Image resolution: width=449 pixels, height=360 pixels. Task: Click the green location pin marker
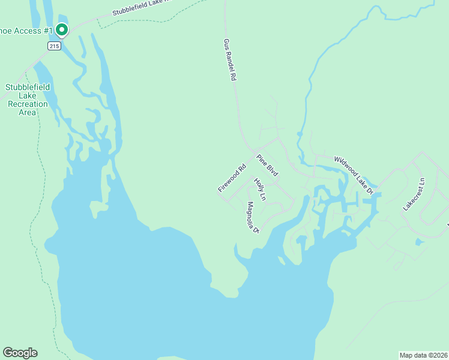pos(61,29)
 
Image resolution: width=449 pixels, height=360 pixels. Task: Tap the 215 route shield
pos(55,46)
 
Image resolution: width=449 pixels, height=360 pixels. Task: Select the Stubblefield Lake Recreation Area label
pos(28,100)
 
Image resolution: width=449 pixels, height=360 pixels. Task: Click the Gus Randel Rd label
pos(230,61)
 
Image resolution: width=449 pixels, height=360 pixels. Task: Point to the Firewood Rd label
pos(232,178)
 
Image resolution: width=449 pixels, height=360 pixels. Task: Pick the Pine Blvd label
pos(268,166)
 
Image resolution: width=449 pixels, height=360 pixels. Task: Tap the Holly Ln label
pos(259,188)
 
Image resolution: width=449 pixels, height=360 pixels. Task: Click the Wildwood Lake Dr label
pos(354,175)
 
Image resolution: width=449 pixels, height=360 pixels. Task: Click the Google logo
pos(20,353)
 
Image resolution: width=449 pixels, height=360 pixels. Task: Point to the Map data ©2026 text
pos(424,355)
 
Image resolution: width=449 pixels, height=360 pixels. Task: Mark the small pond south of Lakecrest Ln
pos(419,242)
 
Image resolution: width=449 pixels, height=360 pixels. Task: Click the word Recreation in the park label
pos(28,104)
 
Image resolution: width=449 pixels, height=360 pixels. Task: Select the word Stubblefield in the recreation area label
pos(28,87)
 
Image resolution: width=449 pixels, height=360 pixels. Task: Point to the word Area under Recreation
pos(28,112)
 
